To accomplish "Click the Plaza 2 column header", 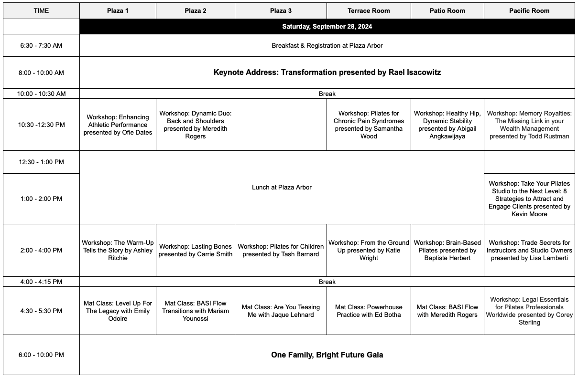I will (196, 10).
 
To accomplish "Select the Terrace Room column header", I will (369, 10).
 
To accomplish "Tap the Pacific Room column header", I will (529, 10).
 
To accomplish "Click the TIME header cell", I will (41, 10).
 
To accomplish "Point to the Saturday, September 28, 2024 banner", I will (327, 26).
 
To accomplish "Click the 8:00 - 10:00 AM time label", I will (41, 73).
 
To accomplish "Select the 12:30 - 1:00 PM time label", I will (41, 162).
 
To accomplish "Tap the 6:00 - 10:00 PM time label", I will (41, 355).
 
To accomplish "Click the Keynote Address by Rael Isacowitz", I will (327, 73).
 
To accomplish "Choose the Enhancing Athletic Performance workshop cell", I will (118, 125).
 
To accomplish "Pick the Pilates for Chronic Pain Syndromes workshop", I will (369, 125).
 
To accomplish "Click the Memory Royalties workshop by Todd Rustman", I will (529, 125).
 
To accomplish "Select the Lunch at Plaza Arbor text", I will (282, 187).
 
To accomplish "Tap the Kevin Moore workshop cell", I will (529, 199).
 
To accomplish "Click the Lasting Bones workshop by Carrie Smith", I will (196, 250).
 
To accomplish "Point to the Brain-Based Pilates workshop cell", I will (447, 250).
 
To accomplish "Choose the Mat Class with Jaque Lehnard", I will (281, 311).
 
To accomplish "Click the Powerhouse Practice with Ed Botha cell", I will (369, 311).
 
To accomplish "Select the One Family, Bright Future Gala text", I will (327, 355).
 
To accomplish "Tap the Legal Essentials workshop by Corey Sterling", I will (529, 311).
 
